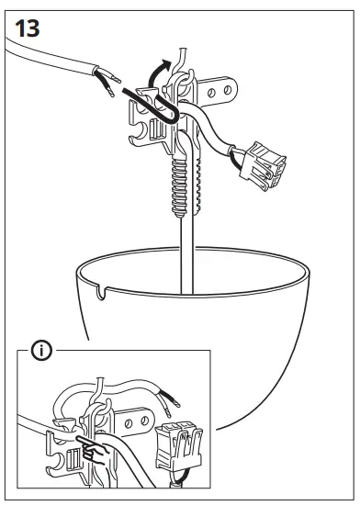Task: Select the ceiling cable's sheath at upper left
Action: point(46,64)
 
